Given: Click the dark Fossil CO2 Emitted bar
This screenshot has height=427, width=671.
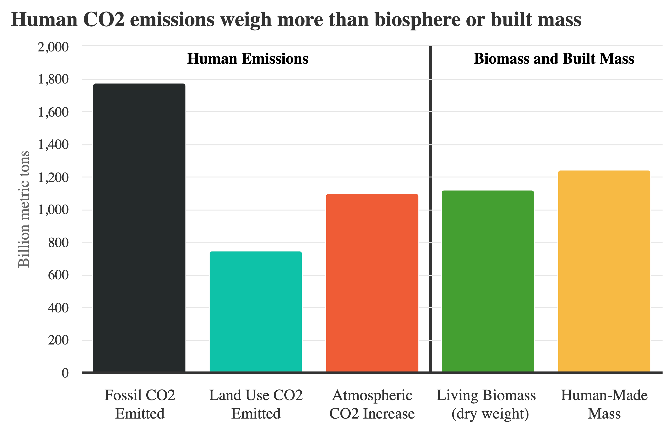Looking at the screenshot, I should (139, 227).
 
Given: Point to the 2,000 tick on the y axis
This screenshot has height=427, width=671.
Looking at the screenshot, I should (53, 47).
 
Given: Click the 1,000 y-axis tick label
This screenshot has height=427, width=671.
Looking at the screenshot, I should (53, 210).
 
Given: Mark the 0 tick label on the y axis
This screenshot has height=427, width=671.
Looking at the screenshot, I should (65, 373).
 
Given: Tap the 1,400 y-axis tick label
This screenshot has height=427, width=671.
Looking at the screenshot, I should (53, 144).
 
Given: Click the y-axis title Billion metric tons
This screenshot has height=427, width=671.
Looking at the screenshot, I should (24, 209).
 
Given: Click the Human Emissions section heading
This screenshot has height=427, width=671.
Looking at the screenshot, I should (247, 59).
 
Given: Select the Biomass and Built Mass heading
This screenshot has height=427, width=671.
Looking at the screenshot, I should (554, 59).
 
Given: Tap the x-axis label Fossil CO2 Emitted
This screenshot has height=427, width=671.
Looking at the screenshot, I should (140, 404).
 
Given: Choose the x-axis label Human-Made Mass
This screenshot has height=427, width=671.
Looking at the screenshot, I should (604, 404).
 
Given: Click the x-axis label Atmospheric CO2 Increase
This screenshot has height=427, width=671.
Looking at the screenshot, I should (372, 404).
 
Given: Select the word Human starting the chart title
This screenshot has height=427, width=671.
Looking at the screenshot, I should (44, 20).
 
